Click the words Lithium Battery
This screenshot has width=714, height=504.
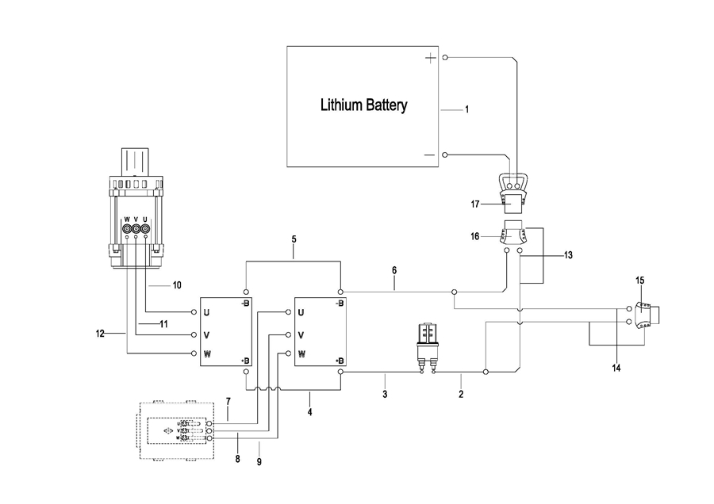point(363,105)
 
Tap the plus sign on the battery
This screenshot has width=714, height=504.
point(430,58)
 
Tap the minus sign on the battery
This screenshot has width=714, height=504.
point(429,155)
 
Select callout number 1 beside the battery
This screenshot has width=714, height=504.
point(466,109)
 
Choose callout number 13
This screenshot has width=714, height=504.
point(567,255)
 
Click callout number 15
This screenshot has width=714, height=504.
point(639,280)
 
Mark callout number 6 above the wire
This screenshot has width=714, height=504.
point(394,270)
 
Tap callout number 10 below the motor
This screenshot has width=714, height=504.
point(177,284)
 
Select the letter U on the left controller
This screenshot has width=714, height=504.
point(205,312)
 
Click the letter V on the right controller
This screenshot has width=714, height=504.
point(301,334)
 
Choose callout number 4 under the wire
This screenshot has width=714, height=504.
point(309,411)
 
